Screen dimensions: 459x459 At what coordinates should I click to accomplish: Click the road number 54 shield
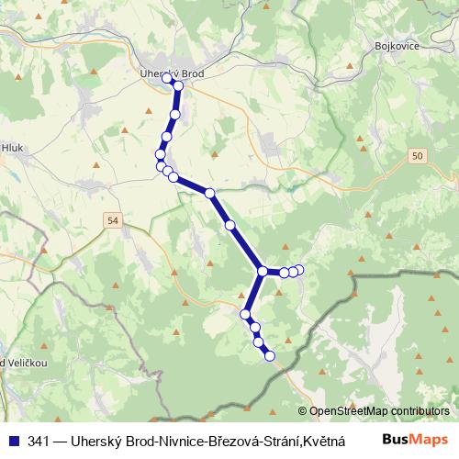[x=113, y=220]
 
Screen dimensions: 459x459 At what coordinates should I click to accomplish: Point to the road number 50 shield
[x=418, y=157]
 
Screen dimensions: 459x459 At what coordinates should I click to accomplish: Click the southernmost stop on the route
[x=270, y=356]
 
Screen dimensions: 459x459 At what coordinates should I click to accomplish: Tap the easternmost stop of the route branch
[x=299, y=268]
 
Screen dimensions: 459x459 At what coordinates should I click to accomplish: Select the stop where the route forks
[x=263, y=271]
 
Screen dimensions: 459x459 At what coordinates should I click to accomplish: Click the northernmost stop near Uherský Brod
[x=168, y=79]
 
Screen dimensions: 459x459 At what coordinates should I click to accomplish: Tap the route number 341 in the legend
[x=39, y=441]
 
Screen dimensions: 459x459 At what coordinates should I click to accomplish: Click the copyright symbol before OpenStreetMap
[x=304, y=411]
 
